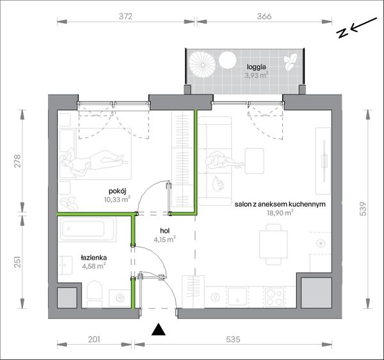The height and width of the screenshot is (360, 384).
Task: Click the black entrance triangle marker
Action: click(159, 329)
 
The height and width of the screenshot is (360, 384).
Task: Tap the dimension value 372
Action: click(125, 16)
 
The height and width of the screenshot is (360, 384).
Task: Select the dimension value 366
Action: click(264, 16)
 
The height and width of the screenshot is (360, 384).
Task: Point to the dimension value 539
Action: click(364, 208)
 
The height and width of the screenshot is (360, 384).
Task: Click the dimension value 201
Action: click(94, 340)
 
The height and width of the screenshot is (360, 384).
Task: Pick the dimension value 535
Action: click(233, 340)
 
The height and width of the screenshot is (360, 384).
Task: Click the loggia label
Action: click(257, 67)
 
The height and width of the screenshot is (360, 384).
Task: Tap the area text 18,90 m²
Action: click(280, 213)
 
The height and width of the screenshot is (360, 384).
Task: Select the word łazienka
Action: click(94, 258)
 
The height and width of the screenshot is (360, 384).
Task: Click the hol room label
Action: click(165, 231)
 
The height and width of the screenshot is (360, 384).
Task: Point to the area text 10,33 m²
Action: click(117, 200)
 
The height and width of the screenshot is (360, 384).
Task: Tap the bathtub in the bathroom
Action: click(87, 229)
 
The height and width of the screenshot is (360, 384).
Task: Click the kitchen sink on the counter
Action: click(237, 296)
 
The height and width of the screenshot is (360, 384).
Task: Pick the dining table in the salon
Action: click(273, 244)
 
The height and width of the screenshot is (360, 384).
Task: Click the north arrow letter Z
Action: click(342, 33)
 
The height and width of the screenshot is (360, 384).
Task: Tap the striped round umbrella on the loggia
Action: click(202, 65)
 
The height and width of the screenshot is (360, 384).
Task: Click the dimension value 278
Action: click(18, 160)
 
